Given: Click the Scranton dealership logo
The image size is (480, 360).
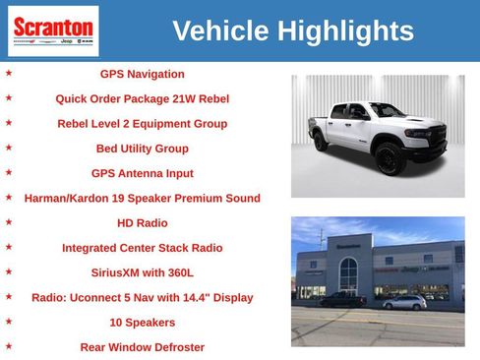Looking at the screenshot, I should pos(53,30).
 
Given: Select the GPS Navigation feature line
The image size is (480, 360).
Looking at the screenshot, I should pos(142,74).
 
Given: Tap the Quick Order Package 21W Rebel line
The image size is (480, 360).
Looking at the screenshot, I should pos(142,98).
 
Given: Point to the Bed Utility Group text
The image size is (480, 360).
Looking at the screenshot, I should pos(142,149).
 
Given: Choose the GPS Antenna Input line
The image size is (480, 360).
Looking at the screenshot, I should pos(142,173).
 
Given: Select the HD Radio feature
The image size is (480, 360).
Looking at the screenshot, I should pos(142,223).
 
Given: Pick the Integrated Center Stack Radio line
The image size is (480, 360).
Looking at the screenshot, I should pos(142,248).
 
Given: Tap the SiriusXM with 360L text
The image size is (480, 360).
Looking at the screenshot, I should pos(142,272).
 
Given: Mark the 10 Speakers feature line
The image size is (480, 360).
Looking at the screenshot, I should pos(142,323).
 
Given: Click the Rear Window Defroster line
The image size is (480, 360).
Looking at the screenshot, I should pos(142,347).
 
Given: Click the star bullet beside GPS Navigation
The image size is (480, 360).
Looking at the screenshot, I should pos(9,73).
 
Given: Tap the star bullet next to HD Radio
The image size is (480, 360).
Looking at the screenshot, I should pos(9,222).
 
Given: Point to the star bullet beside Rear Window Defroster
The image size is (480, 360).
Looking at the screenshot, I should pos(9,346).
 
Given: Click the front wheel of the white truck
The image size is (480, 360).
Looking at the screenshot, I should pos(389,157).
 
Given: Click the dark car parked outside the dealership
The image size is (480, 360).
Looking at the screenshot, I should pos(343,299).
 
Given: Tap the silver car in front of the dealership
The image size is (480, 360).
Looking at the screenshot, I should pos(404,302).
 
